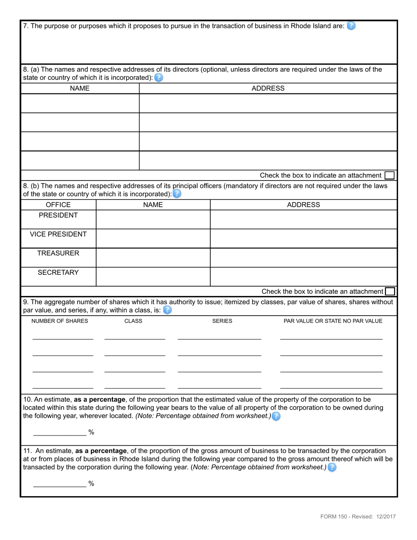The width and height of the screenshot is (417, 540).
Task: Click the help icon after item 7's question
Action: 351,26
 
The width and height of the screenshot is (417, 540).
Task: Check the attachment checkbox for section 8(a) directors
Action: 389,176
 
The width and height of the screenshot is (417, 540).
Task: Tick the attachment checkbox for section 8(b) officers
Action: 389,292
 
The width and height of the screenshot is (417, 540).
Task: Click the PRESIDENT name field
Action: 153,220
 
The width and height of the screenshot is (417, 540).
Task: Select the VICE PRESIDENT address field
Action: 303,238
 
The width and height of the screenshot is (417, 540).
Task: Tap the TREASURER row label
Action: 58,253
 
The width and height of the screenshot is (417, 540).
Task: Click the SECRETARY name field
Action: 153,277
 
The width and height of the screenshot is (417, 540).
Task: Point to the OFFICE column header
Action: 58,205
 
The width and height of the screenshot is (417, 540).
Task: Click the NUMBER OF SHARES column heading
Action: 60,321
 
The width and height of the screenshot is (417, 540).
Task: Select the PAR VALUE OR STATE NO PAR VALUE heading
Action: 333,321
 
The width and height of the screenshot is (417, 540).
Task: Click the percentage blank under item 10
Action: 60,432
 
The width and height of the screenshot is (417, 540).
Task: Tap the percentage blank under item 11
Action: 60,483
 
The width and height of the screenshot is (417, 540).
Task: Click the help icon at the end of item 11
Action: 332,468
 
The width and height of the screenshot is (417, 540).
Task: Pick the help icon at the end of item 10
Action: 276,416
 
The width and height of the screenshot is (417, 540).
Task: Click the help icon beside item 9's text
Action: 167,310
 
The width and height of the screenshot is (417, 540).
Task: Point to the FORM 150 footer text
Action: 358,517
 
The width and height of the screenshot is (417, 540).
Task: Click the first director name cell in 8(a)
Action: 80,104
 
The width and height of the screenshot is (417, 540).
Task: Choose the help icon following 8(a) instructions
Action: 158,78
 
